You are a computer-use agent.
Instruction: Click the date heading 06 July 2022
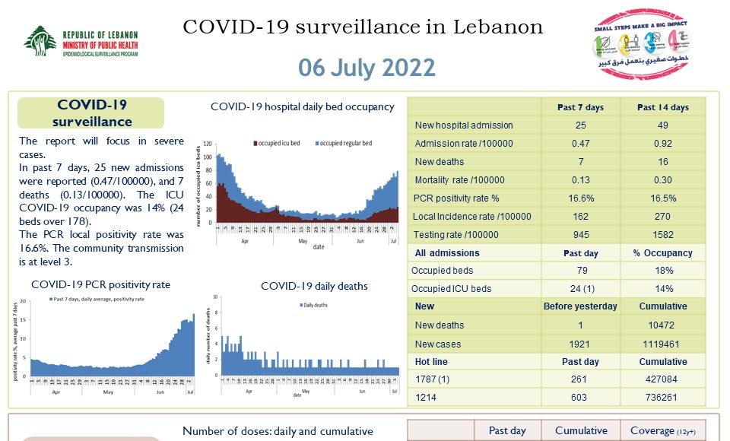point(367,67)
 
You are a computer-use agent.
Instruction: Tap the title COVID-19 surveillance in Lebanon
point(363,27)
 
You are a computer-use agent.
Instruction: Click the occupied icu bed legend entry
point(277,143)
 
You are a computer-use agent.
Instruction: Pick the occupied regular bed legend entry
point(342,143)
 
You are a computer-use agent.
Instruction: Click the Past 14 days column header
point(662,107)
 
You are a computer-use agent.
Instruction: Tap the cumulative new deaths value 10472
point(662,325)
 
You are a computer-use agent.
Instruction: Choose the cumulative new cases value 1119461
point(662,344)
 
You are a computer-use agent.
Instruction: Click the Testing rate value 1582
point(662,235)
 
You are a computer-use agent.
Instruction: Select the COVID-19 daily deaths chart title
point(314,286)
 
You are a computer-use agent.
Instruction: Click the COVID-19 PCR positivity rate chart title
point(100,284)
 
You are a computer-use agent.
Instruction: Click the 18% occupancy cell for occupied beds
point(662,270)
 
